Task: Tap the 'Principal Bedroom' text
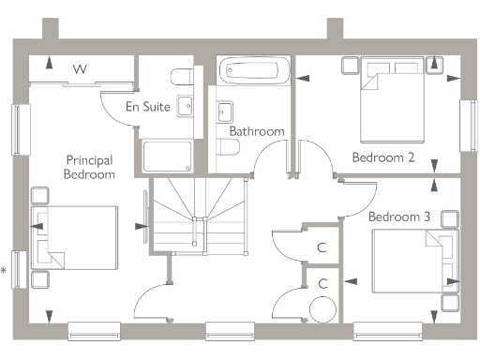pyautogui.click(x=90, y=167)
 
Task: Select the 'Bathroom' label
pyautogui.click(x=256, y=132)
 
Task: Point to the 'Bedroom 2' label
pyautogui.click(x=382, y=157)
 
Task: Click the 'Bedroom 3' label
pyautogui.click(x=399, y=217)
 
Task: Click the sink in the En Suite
pyautogui.click(x=184, y=107)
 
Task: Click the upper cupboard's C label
pyautogui.click(x=322, y=247)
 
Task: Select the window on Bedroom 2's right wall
pyautogui.click(x=466, y=122)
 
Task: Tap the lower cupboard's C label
pyautogui.click(x=322, y=283)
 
